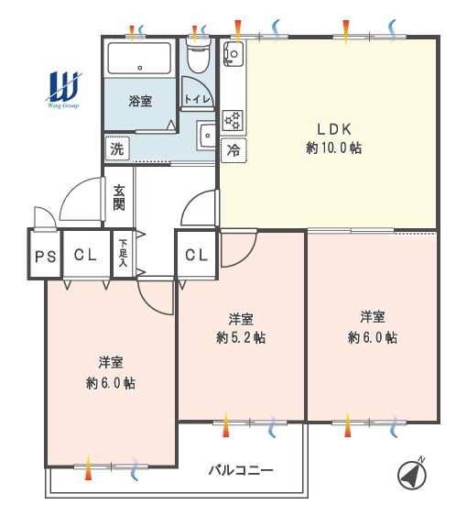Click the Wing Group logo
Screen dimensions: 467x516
click(63, 90)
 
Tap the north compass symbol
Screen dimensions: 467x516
click(412, 474)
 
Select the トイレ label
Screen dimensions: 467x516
click(197, 99)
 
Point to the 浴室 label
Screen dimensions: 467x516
click(140, 101)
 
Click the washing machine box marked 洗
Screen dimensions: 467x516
click(117, 148)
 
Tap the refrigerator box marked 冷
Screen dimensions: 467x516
click(233, 150)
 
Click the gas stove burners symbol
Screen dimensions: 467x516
click(233, 120)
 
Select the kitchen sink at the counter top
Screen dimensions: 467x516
click(233, 52)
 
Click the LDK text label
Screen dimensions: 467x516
click(334, 129)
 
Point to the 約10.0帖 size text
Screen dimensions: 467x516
click(334, 148)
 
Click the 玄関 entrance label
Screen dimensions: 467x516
click(119, 197)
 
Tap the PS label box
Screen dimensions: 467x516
click(46, 256)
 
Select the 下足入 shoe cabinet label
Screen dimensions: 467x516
click(123, 253)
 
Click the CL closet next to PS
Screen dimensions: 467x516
click(85, 255)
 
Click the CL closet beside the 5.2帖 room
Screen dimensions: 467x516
click(197, 255)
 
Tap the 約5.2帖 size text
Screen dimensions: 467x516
click(241, 338)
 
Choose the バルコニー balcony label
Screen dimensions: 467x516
click(241, 470)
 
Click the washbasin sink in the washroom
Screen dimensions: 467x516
click(207, 136)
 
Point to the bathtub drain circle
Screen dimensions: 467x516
click(140, 68)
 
